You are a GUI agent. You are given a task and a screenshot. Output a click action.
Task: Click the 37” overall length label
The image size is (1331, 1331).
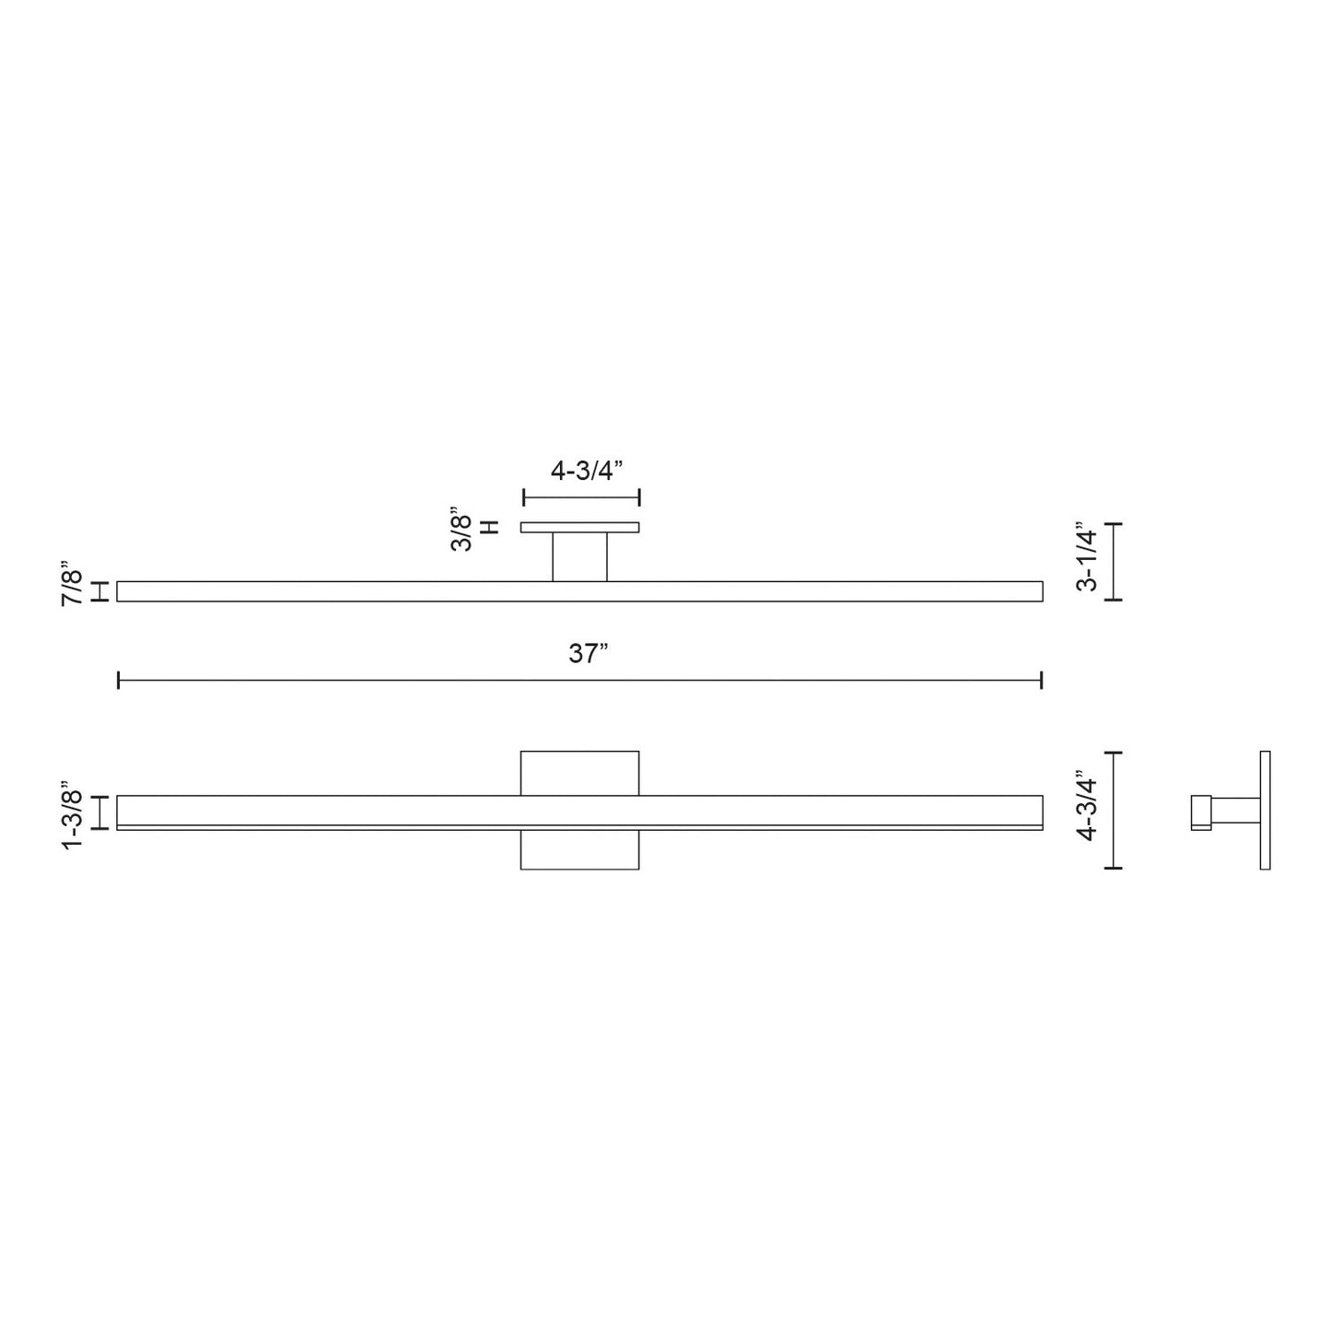(x=589, y=654)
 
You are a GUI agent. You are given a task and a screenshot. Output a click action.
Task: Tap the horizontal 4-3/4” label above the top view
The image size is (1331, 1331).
(x=587, y=471)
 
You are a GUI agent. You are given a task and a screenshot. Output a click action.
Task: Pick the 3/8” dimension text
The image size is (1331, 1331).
(x=461, y=531)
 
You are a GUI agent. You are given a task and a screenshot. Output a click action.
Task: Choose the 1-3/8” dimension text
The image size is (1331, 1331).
(x=73, y=819)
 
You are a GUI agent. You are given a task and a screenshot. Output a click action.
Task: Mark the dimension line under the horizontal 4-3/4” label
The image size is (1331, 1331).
(x=580, y=498)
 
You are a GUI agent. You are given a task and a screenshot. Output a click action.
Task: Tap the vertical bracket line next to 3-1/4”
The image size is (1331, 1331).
(x=1115, y=561)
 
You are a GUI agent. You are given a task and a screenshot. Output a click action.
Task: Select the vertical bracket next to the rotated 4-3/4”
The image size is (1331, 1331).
(x=1115, y=810)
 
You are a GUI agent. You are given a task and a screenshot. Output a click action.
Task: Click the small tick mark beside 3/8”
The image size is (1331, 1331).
(x=491, y=528)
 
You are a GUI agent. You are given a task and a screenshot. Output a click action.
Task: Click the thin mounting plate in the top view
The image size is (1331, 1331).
(x=579, y=528)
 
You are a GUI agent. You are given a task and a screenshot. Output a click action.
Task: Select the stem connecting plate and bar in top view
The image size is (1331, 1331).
(x=579, y=556)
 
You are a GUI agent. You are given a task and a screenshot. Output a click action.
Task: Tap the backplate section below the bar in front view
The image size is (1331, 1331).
(x=579, y=849)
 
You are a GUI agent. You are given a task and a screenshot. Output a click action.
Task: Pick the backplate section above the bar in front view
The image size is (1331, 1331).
(x=579, y=773)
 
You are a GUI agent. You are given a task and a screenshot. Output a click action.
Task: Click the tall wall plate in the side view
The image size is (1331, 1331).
(x=1265, y=810)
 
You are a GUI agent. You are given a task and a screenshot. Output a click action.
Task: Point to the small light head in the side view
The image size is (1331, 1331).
(x=1200, y=812)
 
